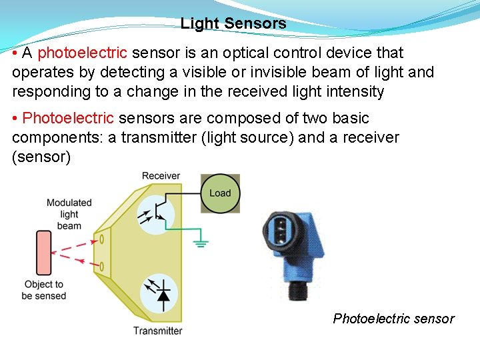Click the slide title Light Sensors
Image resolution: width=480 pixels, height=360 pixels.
click(233, 24)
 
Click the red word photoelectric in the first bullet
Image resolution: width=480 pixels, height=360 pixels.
click(82, 53)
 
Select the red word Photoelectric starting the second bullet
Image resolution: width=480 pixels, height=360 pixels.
click(68, 119)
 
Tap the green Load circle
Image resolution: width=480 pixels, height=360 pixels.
click(220, 193)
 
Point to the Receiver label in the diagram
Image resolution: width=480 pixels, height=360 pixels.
click(161, 176)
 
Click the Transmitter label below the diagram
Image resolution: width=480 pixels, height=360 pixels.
click(157, 331)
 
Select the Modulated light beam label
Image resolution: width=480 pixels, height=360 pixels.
click(69, 214)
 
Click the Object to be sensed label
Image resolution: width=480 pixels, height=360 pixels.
click(44, 290)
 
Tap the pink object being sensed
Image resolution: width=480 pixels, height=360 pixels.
click(44, 253)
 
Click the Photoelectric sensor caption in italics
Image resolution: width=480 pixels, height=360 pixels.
click(393, 319)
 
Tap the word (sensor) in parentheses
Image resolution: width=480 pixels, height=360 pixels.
click(41, 157)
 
